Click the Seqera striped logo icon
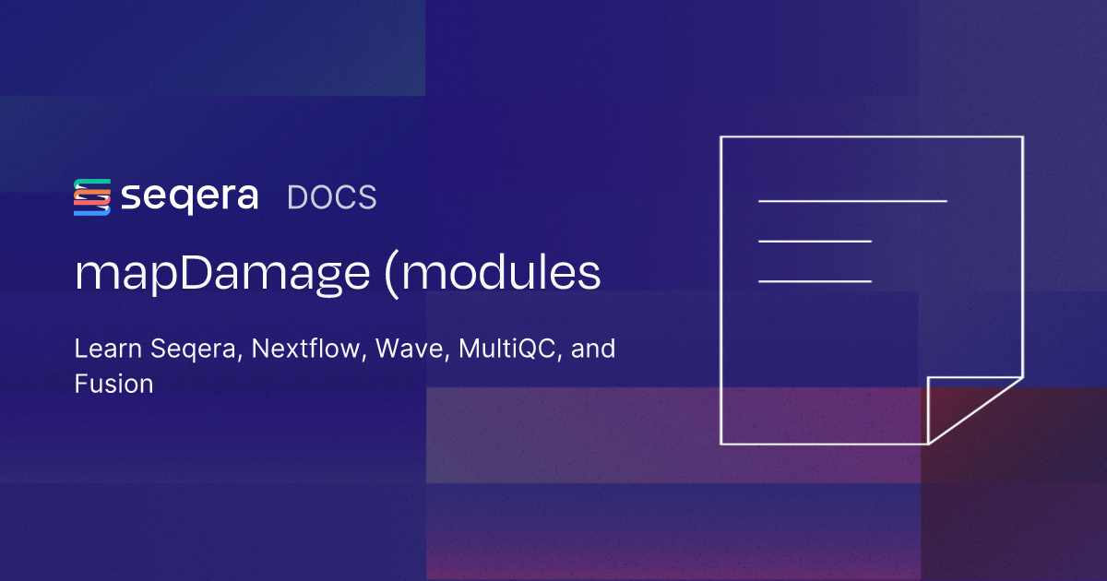pos(92,197)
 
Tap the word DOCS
pos(331,197)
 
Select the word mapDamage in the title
pos(222,274)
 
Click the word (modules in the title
pos(493,274)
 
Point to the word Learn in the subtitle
pos(108,349)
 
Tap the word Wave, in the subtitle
pos(412,349)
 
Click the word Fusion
pos(114,384)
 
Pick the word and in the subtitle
pos(593,349)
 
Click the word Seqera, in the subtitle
pos(196,350)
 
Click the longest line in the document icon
pos(852,201)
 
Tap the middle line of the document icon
pos(815,241)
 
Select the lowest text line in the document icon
pos(815,281)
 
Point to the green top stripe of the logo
pos(92,184)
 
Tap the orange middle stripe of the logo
pos(92,197)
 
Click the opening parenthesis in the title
pos(391,276)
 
